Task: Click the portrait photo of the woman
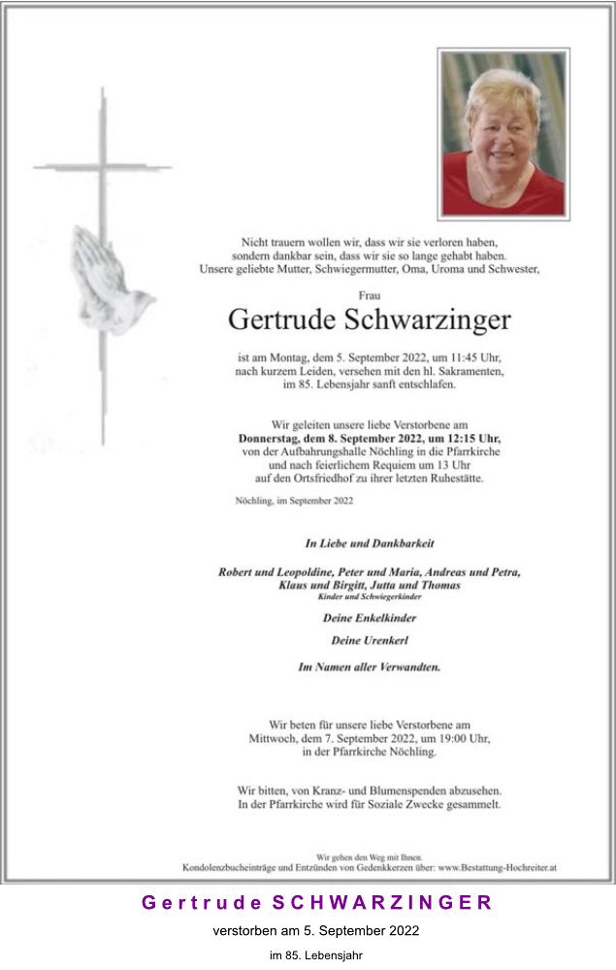[x=503, y=134]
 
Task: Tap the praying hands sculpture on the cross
[x=109, y=283]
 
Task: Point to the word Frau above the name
[x=369, y=293]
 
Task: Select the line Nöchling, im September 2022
[x=294, y=501]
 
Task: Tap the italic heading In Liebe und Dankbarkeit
[x=369, y=543]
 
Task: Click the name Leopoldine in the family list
[x=308, y=572]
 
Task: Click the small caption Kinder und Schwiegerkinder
[x=369, y=596]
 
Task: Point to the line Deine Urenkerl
[x=369, y=641]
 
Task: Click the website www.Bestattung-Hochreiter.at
[x=496, y=867]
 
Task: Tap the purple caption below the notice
[x=316, y=903]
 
